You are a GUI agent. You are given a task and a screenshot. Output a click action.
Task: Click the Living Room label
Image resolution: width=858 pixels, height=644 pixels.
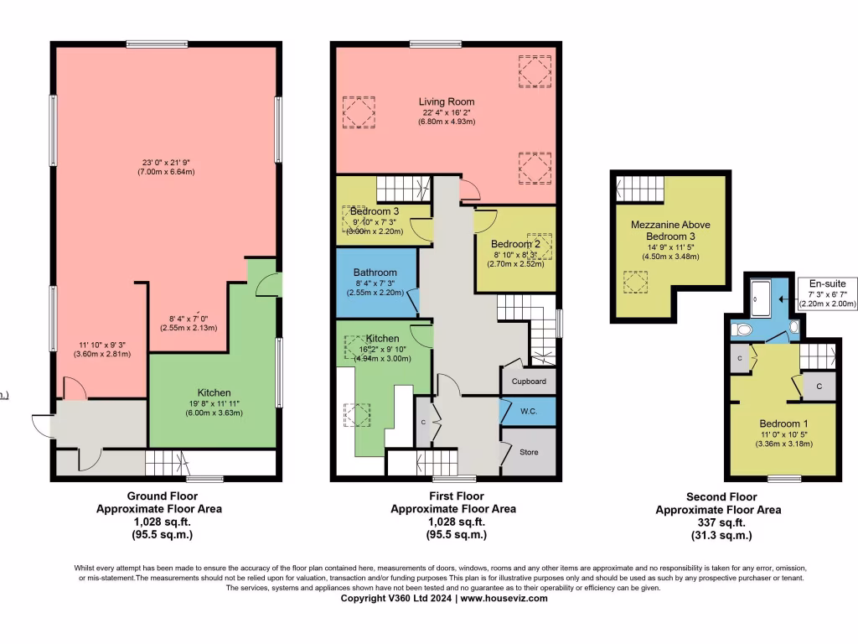(x=447, y=102)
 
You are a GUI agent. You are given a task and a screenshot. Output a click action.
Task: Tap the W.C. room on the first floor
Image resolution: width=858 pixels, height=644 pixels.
(x=528, y=412)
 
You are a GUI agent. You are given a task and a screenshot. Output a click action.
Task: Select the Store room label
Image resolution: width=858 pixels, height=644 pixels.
(x=529, y=453)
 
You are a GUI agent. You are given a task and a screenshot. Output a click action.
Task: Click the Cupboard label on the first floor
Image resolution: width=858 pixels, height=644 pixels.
(x=529, y=382)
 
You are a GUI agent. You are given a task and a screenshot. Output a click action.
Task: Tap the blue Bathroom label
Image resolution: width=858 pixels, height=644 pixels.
(x=375, y=273)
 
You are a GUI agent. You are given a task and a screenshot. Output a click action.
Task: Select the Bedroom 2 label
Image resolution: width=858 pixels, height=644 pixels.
(x=516, y=243)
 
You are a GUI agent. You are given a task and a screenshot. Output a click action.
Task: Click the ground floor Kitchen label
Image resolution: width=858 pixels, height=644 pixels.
(x=214, y=392)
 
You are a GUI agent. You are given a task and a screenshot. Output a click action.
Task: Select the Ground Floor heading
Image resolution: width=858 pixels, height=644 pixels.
(x=159, y=496)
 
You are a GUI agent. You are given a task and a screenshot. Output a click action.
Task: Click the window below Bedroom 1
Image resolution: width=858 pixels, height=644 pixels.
(x=784, y=478)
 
